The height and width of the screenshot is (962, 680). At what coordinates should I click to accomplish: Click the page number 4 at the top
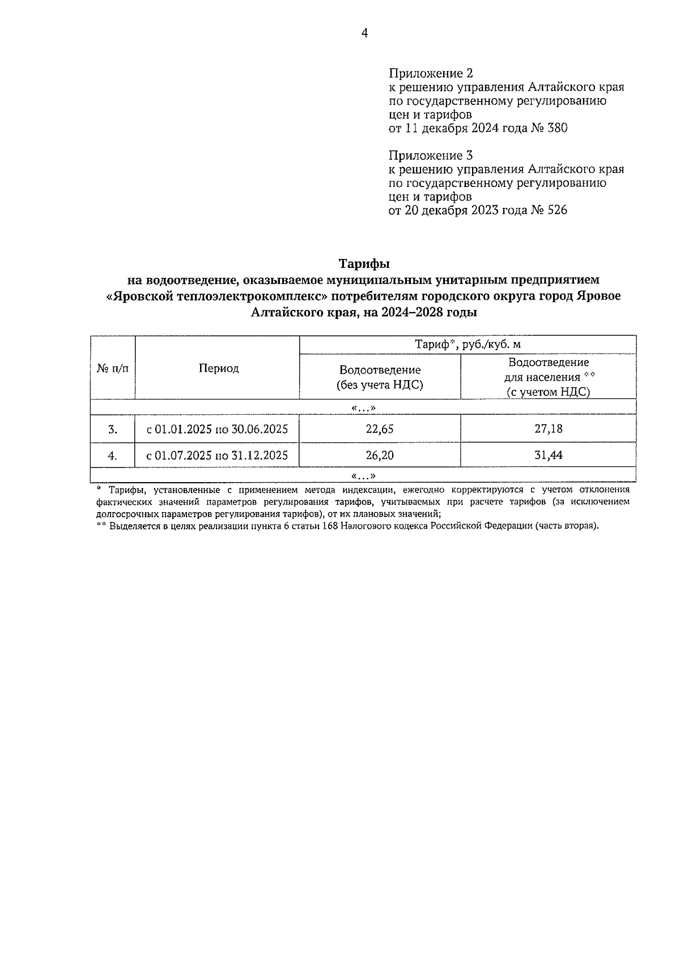[x=365, y=33]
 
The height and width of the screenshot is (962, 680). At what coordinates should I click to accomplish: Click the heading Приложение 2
[x=431, y=74]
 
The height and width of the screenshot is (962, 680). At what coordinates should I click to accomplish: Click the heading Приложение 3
[x=431, y=155]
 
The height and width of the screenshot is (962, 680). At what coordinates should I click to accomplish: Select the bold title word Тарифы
[x=364, y=264]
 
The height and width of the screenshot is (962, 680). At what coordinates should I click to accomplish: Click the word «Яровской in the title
[x=139, y=296]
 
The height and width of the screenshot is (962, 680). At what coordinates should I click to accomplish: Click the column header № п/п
[x=113, y=368]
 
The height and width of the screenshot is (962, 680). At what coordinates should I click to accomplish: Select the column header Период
[x=218, y=368]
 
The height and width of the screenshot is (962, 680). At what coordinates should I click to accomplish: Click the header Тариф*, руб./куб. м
[x=467, y=344]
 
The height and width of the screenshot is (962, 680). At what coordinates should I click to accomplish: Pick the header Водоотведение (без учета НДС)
[x=380, y=377]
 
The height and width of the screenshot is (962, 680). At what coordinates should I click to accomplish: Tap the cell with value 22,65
[x=380, y=429]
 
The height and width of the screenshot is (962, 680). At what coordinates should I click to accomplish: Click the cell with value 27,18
[x=548, y=429]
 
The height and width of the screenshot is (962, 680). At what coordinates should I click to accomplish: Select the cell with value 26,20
[x=380, y=455]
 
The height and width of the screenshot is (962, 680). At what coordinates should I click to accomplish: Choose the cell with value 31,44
[x=548, y=455]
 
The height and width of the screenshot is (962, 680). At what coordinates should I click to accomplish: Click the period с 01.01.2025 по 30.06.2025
[x=217, y=429]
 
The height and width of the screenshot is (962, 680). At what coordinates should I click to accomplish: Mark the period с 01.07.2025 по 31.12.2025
[x=217, y=455]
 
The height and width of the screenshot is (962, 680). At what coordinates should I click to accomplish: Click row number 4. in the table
[x=113, y=455]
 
